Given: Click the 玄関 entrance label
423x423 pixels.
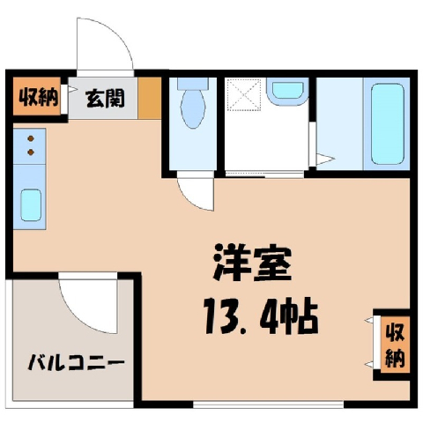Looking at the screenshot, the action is [x=105, y=99].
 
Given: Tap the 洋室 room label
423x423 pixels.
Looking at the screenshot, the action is [x=252, y=263].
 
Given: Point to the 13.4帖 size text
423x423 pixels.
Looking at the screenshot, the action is [x=262, y=316].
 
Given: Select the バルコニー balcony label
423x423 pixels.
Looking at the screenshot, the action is [x=77, y=362].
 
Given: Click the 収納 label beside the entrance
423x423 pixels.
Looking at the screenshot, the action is [x=39, y=97].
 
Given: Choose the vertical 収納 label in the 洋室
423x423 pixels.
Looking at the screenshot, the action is [x=396, y=346].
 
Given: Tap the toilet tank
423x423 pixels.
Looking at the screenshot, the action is [x=193, y=83].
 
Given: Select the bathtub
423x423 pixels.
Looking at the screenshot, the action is [x=387, y=123].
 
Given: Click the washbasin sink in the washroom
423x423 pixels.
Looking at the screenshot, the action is [x=288, y=91].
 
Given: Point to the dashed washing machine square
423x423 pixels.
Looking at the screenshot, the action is [x=244, y=94].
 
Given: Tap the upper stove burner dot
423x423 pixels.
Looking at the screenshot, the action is [x=31, y=138].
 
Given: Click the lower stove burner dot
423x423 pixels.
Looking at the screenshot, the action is [x=31, y=152].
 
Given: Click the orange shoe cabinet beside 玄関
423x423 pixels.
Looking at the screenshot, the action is [x=150, y=98].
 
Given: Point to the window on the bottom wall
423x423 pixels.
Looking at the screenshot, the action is [x=268, y=404].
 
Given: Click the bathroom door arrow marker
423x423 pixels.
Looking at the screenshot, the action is [x=325, y=160].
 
